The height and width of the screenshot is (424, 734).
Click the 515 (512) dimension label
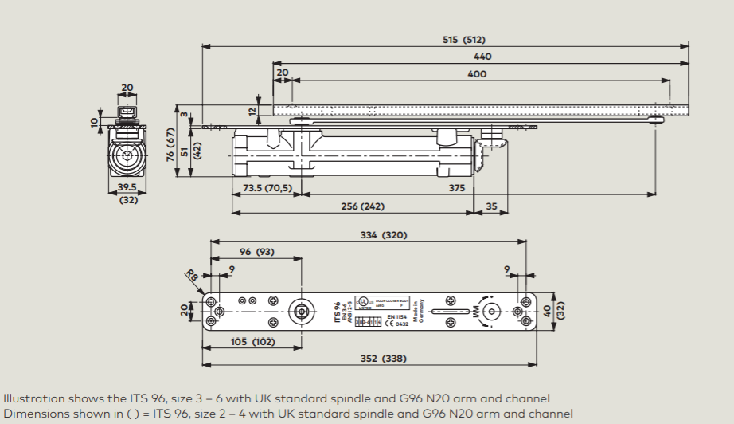[463, 40]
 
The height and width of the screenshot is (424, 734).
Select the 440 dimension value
[482, 57]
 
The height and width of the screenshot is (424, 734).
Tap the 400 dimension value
[477, 73]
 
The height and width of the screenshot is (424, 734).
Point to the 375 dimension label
[456, 188]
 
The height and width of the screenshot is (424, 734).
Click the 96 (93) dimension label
[256, 252]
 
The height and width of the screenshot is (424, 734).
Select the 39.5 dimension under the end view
[127, 188]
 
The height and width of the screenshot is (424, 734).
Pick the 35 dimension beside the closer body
[490, 206]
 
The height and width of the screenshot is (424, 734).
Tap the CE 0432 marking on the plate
[396, 324]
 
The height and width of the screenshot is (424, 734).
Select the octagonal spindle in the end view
[127, 155]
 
